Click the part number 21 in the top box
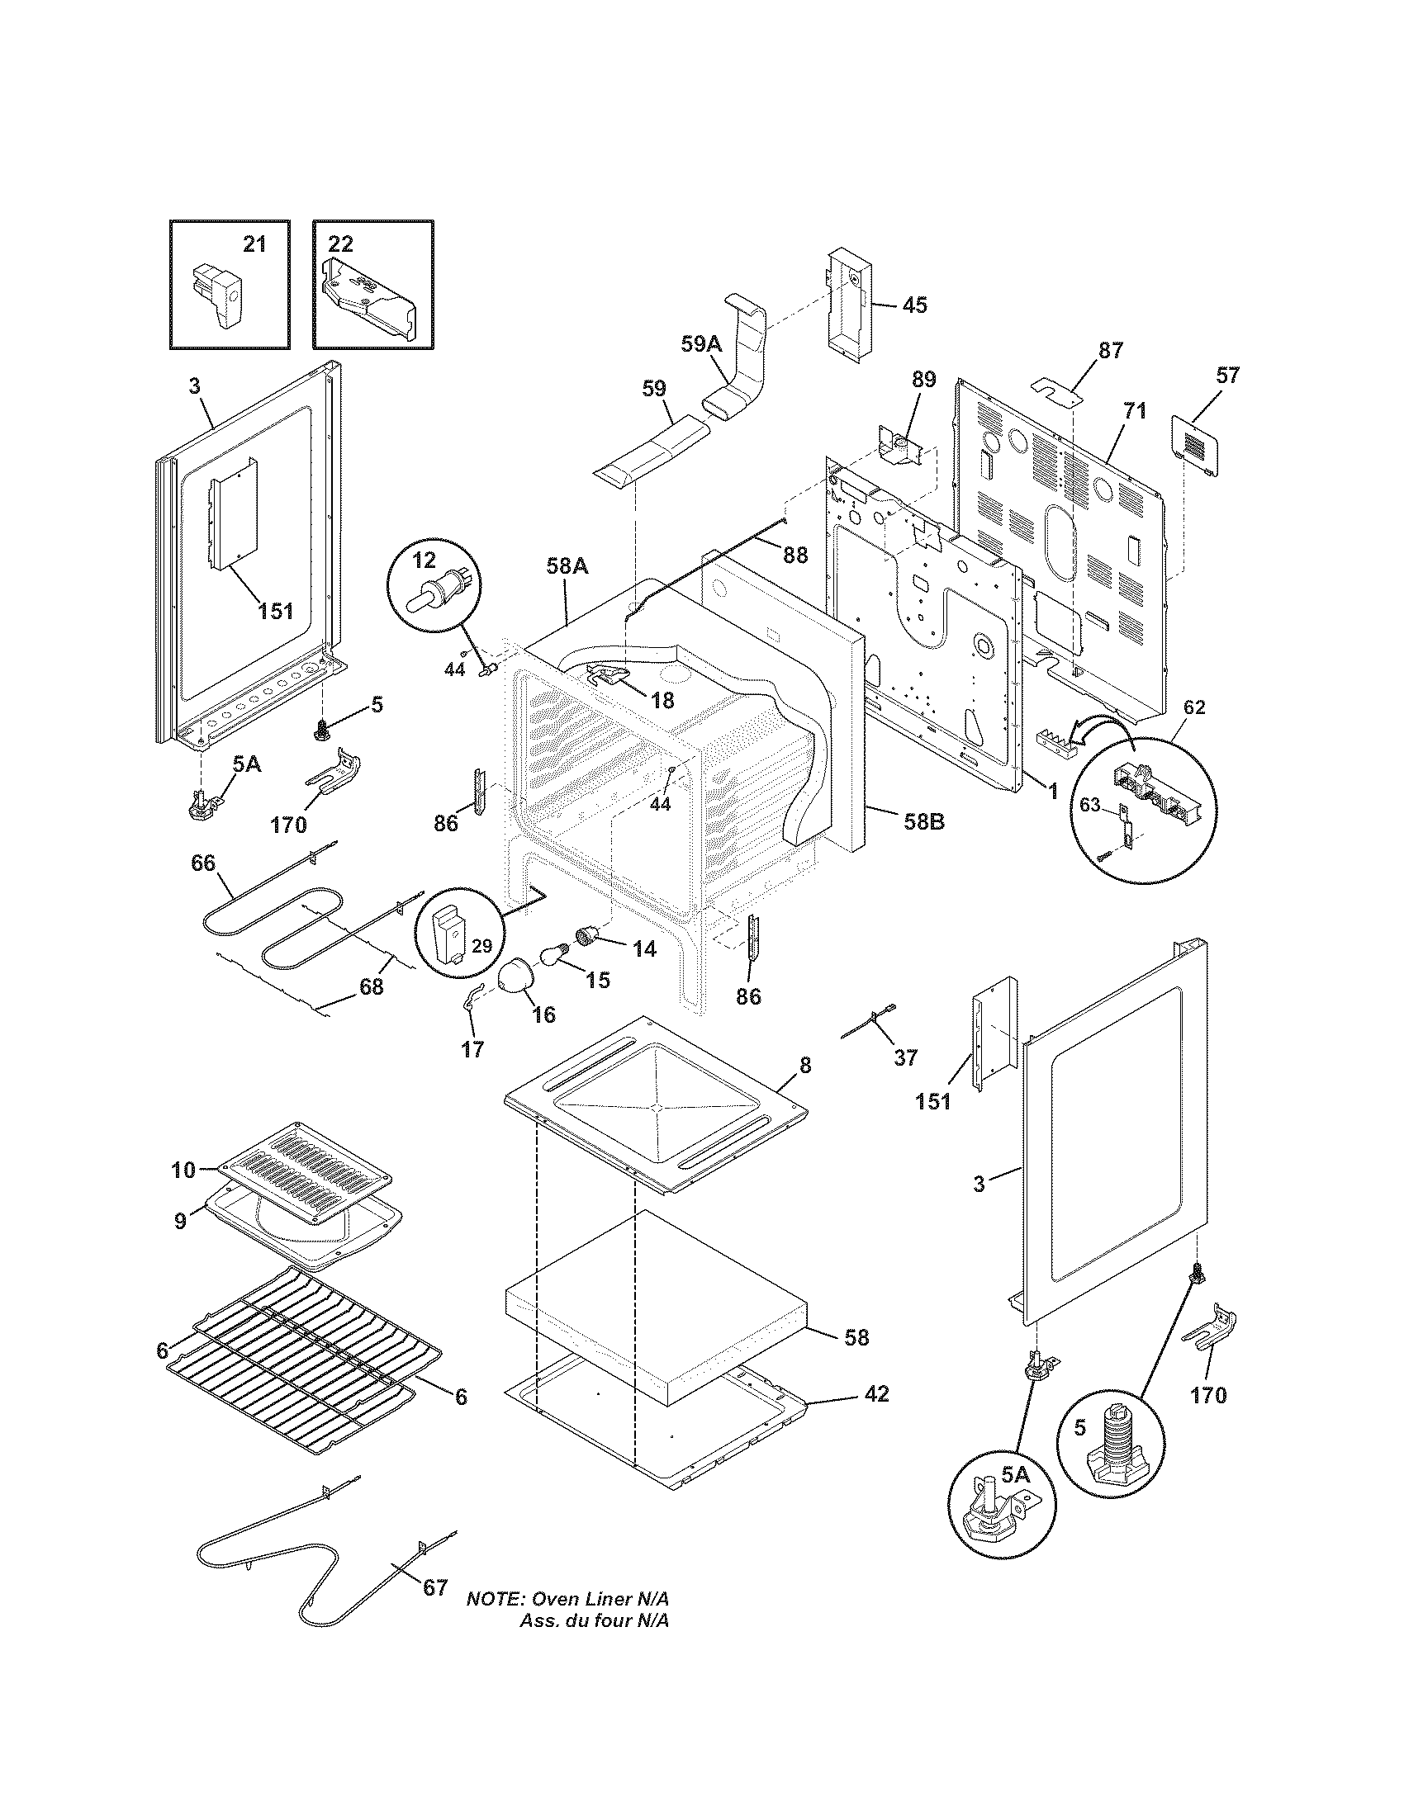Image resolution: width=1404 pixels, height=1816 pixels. (254, 244)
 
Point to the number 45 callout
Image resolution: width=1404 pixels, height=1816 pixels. (914, 305)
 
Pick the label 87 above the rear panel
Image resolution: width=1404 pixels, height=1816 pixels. (1110, 350)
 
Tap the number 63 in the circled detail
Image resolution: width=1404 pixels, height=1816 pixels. (1089, 806)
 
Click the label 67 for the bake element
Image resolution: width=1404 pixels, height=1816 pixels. (435, 1588)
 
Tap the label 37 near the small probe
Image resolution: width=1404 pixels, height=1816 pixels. (905, 1057)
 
